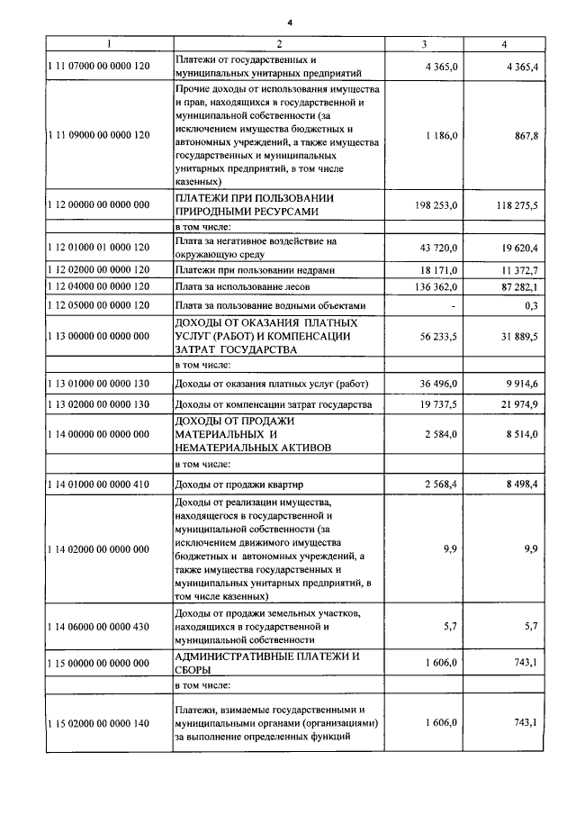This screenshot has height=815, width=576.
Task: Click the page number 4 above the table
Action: pyautogui.click(x=290, y=22)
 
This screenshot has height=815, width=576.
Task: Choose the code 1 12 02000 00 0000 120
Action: pyautogui.click(x=99, y=269)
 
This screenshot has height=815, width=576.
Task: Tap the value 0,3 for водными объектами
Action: pyautogui.click(x=531, y=305)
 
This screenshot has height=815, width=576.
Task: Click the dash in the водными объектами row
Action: pyautogui.click(x=454, y=305)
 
